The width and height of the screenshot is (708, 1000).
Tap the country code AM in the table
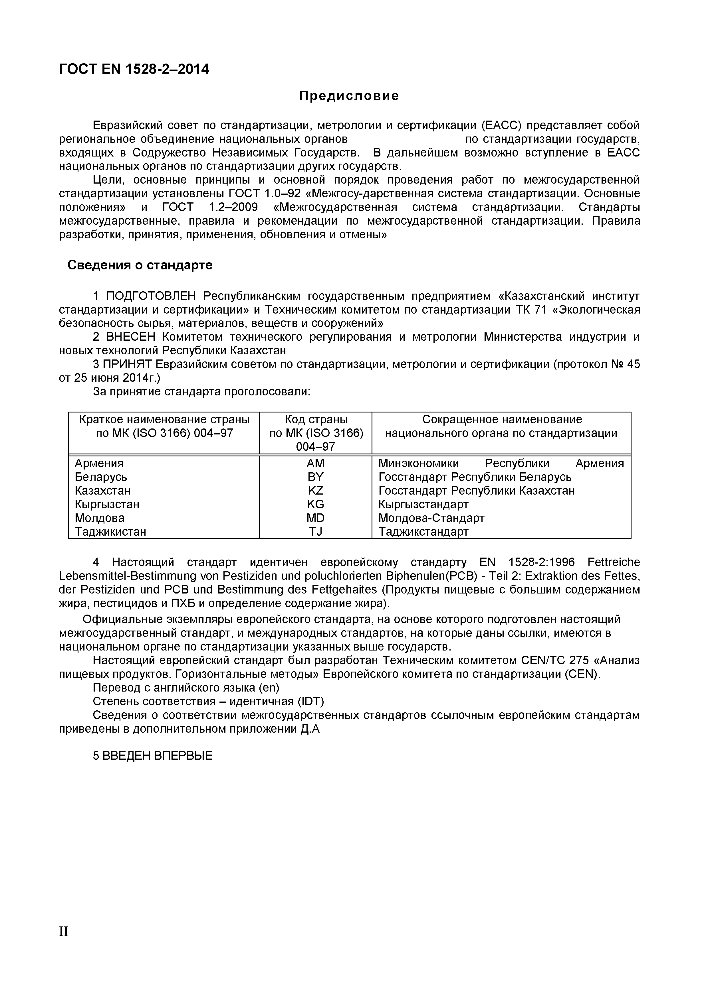pyautogui.click(x=315, y=464)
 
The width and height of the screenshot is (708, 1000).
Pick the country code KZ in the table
pyautogui.click(x=315, y=491)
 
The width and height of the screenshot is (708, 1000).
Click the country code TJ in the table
pyautogui.click(x=315, y=532)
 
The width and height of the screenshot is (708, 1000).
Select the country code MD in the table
pyautogui.click(x=315, y=518)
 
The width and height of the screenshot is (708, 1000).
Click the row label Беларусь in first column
pyautogui.click(x=101, y=477)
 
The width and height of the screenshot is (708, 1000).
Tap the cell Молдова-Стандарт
pyautogui.click(x=431, y=518)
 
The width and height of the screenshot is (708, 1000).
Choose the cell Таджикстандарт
pyautogui.click(x=423, y=532)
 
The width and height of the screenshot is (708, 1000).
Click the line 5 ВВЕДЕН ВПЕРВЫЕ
pyautogui.click(x=153, y=756)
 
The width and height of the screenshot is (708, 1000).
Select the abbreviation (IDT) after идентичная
pyautogui.click(x=310, y=702)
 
